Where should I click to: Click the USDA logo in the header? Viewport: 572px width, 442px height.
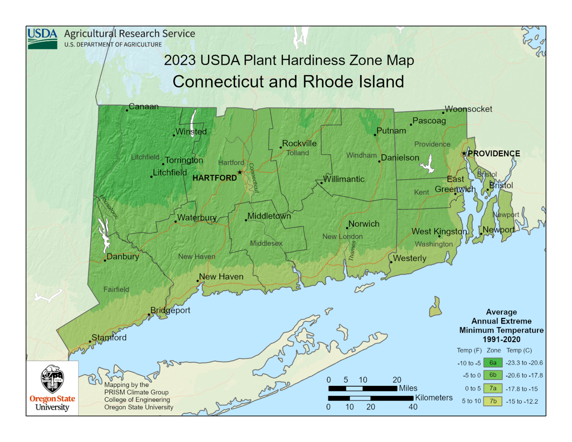point(42,38)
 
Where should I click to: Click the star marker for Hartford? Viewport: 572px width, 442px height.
point(240,172)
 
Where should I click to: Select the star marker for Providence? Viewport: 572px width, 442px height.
point(464,153)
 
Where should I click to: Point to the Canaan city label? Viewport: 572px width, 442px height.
point(143,106)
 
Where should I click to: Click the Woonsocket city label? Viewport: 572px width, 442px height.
point(468,109)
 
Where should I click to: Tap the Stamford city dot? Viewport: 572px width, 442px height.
point(90,341)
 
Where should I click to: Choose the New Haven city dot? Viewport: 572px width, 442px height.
point(198,281)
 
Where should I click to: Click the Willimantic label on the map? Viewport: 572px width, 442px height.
point(344,179)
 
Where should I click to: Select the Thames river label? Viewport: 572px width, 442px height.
point(352,251)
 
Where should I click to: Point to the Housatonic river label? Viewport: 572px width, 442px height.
point(109,207)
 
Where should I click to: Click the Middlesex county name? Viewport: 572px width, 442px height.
point(266,244)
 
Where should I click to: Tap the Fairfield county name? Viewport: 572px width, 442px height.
point(116,289)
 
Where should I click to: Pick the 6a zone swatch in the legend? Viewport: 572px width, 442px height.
point(493,363)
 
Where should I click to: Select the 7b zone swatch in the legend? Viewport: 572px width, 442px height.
point(493,401)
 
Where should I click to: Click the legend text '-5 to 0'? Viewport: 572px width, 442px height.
point(472,375)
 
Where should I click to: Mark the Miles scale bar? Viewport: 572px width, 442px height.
point(363,389)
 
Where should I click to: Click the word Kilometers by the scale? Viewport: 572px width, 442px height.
point(434,398)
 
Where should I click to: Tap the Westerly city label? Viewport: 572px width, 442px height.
point(410,258)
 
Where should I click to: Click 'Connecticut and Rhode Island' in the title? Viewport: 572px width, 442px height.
point(288,82)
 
